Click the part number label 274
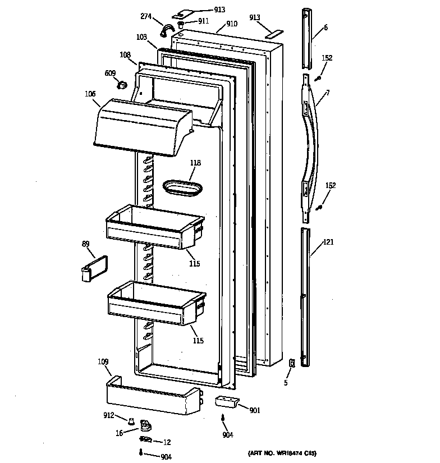[x=146, y=17]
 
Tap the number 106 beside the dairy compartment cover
[x=90, y=94]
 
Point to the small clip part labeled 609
[x=120, y=85]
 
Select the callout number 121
[x=328, y=243]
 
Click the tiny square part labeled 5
[x=291, y=364]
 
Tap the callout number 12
[x=166, y=442]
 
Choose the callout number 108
[x=125, y=55]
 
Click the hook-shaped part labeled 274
[x=167, y=29]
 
